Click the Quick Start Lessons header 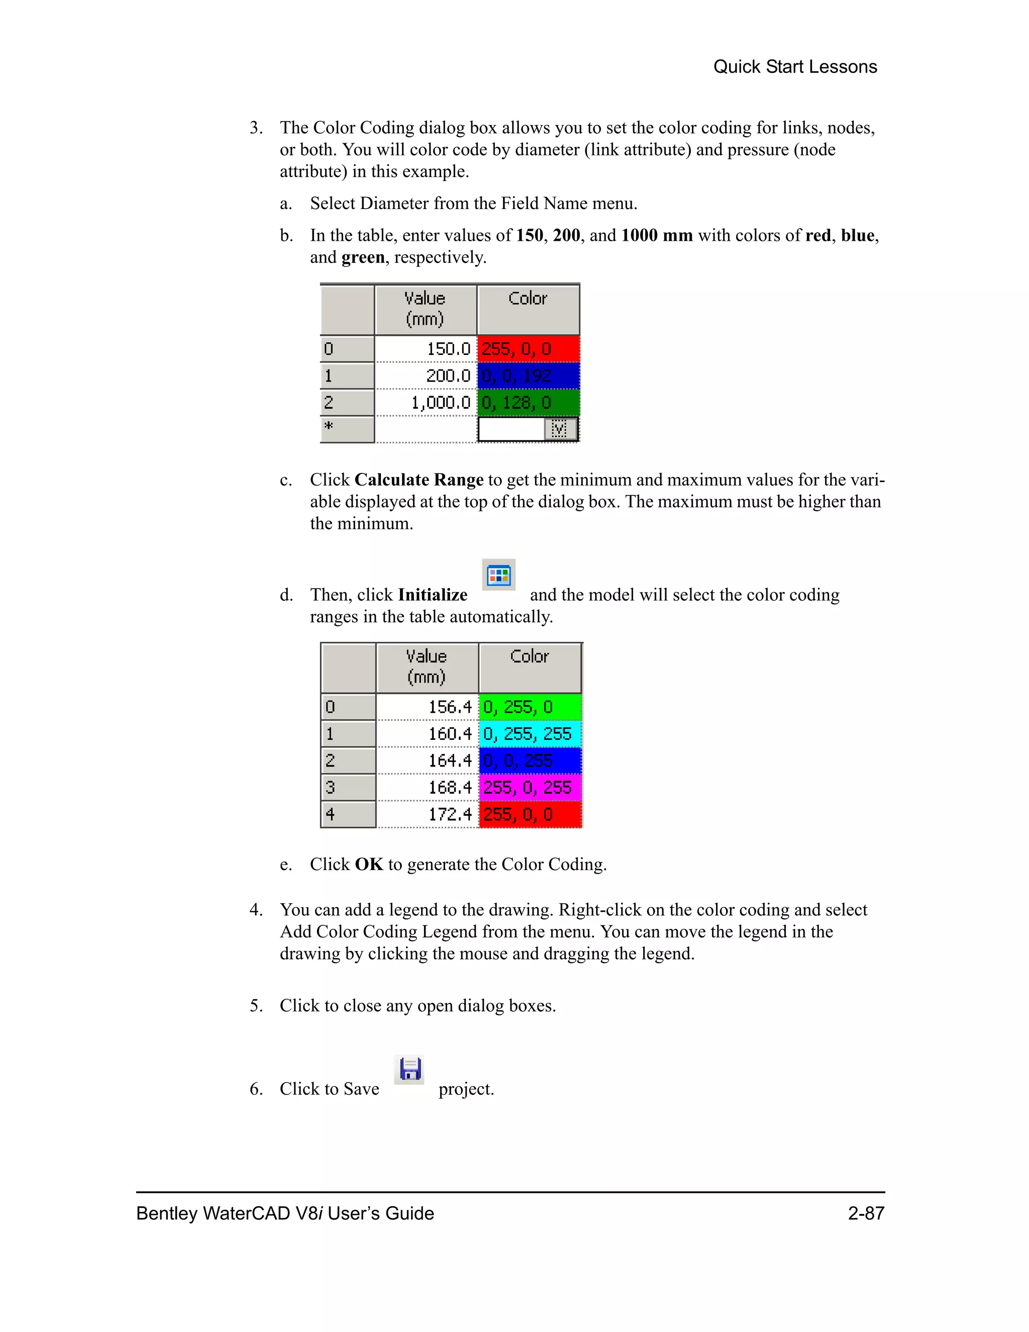(x=794, y=66)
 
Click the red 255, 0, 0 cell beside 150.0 (x=528, y=349)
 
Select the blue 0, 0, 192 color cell (x=528, y=375)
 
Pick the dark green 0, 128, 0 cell (x=528, y=403)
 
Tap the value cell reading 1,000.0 (x=426, y=403)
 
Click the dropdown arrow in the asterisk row (x=560, y=429)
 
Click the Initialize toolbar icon (x=498, y=575)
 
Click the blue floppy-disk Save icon (x=409, y=1069)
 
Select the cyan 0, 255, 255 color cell (x=530, y=734)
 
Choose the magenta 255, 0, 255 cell (x=530, y=787)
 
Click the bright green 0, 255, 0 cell (x=530, y=707)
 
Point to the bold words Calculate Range (x=419, y=480)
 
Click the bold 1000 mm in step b (x=657, y=235)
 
